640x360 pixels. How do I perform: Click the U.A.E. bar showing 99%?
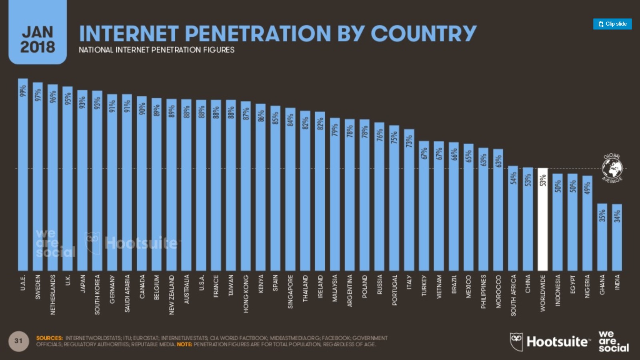point(23,176)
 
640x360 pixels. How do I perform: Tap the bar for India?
point(617,240)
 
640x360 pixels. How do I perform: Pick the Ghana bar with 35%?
point(602,240)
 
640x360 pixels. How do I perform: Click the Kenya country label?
point(261,284)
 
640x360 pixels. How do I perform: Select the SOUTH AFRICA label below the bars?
point(513,295)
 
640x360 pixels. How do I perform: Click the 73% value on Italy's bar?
point(409,142)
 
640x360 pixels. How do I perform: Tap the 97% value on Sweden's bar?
point(38,95)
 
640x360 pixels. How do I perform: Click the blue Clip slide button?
point(612,24)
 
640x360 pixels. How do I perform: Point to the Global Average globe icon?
point(612,168)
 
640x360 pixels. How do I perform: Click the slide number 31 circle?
point(18,341)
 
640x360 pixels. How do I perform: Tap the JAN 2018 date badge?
point(38,39)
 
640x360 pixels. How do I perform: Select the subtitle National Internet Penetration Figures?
point(156,50)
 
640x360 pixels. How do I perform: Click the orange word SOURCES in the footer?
point(49,338)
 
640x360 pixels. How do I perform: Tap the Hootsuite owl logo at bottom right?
point(516,342)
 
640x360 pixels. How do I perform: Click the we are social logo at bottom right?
point(613,341)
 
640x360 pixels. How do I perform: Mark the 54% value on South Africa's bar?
point(513,178)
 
